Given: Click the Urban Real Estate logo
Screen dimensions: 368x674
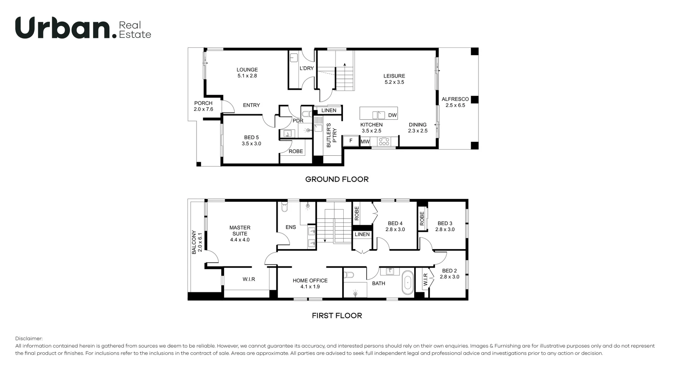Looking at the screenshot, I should tap(83, 28).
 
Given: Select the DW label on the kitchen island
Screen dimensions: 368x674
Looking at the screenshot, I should tap(392, 115).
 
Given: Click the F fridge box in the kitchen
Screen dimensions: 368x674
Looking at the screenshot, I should tap(350, 141).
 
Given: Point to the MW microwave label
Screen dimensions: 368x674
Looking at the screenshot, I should tap(365, 142).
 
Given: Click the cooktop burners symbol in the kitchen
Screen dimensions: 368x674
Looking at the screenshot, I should tap(384, 141).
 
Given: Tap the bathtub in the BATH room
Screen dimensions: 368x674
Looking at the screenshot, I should tap(408, 282).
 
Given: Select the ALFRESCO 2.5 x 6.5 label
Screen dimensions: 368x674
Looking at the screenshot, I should tap(455, 102).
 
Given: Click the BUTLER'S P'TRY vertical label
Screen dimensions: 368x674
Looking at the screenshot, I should tap(331, 135).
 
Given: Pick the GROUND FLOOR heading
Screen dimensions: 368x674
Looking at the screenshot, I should tap(337, 179).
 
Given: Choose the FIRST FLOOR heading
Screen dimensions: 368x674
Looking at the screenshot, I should tap(337, 315).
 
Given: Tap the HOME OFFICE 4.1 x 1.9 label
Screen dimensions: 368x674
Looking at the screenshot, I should tap(310, 283).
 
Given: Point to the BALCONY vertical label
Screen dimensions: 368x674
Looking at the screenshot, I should tap(197, 242).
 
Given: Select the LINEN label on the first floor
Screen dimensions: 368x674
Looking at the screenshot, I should tap(362, 234).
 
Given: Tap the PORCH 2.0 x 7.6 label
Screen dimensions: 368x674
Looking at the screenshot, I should tap(203, 106).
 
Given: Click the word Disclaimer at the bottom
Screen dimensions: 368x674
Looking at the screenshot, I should tap(29, 339).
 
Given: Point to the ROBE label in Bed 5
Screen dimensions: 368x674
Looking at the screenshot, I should tap(296, 151).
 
